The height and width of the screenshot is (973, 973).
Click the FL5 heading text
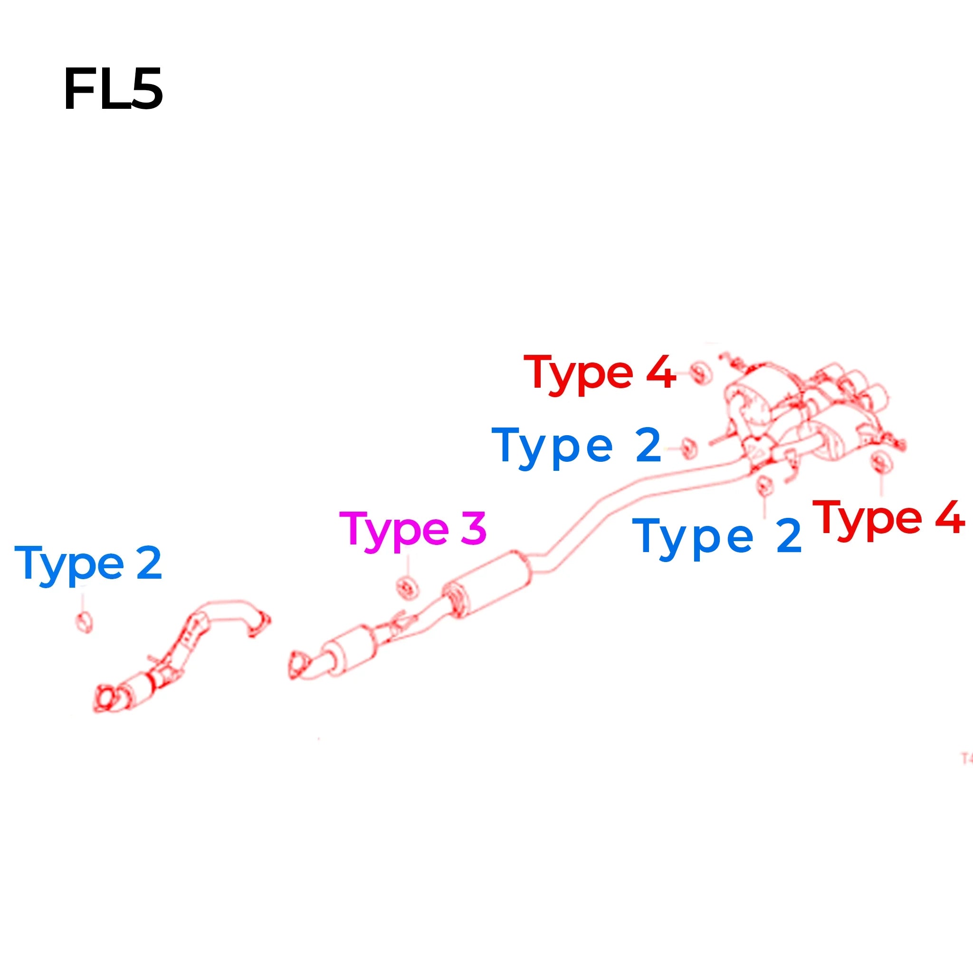(x=114, y=89)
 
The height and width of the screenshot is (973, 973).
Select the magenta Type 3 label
(x=413, y=530)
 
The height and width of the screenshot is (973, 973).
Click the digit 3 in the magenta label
(x=473, y=527)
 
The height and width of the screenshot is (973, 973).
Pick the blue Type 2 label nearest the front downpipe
(x=89, y=564)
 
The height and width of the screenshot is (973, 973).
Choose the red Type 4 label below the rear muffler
(x=889, y=518)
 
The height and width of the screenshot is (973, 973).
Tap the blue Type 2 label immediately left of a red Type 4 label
(x=716, y=537)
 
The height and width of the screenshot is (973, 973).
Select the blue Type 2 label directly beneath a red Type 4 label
(x=576, y=447)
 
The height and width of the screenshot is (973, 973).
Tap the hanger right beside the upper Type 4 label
(x=700, y=372)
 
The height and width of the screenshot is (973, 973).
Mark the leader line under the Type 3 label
(x=408, y=565)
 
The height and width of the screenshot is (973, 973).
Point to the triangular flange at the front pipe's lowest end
(x=107, y=698)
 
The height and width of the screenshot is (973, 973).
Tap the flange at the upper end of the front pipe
(x=260, y=625)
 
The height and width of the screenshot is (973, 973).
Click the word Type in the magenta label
(x=394, y=531)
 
